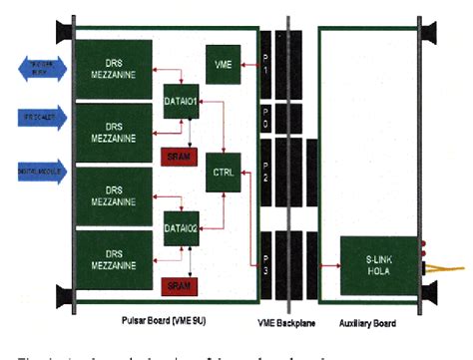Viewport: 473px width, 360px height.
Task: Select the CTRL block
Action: tap(222, 174)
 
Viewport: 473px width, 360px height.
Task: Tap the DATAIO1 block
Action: tap(181, 100)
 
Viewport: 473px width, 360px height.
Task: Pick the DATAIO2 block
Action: tap(181, 228)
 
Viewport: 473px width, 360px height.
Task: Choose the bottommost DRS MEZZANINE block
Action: tap(112, 256)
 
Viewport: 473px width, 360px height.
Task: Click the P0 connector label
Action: tap(264, 120)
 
